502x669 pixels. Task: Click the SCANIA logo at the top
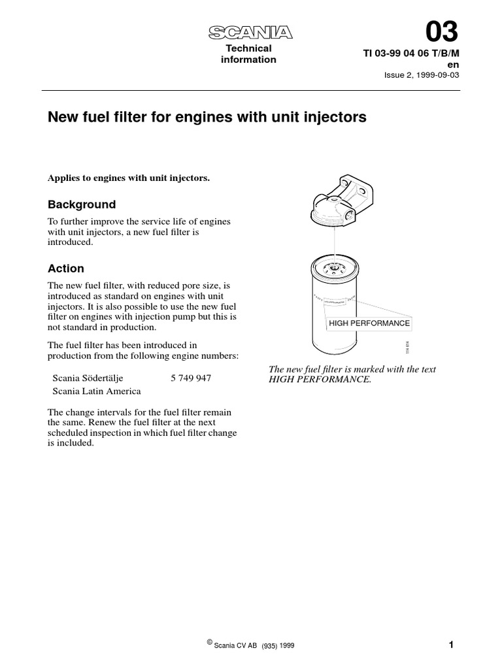click(x=250, y=33)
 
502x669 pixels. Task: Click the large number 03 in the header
click(x=442, y=31)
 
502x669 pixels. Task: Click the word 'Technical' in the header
click(x=248, y=48)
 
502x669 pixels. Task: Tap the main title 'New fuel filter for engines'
click(x=207, y=118)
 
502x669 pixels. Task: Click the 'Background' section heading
click(x=82, y=204)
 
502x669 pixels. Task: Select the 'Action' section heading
click(x=66, y=269)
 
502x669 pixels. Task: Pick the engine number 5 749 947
click(x=190, y=378)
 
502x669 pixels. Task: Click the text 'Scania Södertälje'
click(x=87, y=378)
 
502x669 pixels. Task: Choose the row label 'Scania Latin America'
click(x=96, y=391)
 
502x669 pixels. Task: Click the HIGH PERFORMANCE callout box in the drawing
click(x=369, y=323)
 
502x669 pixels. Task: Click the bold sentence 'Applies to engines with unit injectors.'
click(x=129, y=178)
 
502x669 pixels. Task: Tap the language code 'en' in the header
click(x=453, y=64)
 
